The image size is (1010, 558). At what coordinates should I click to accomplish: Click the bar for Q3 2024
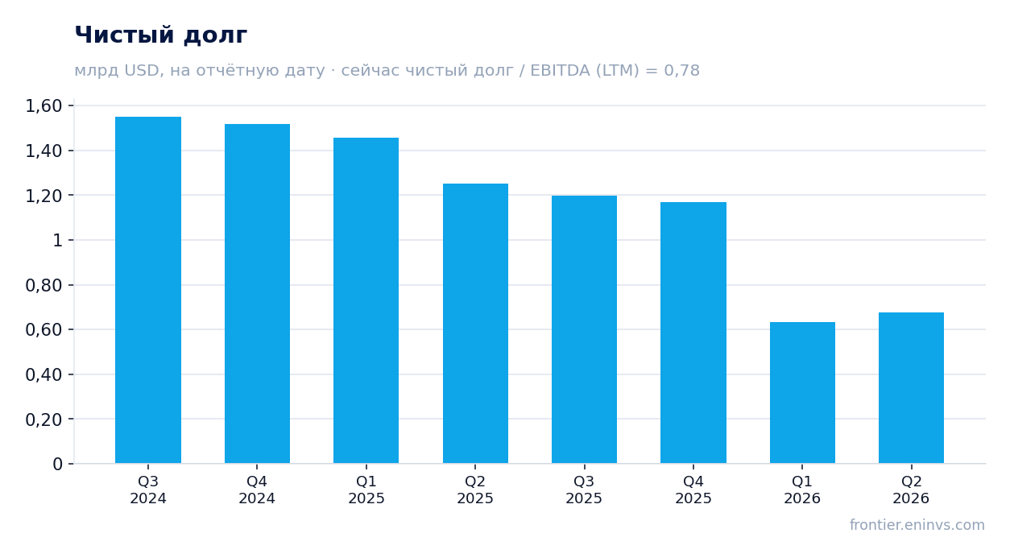148,290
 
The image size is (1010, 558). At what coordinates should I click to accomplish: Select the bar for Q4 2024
257,293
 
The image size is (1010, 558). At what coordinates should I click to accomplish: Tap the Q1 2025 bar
366,300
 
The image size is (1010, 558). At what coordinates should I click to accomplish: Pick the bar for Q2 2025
475,323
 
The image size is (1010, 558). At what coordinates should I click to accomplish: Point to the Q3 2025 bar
585,329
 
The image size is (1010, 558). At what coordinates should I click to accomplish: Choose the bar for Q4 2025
693,333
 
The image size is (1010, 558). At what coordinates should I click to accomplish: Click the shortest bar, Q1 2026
802,393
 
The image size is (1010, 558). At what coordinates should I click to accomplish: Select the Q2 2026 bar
911,387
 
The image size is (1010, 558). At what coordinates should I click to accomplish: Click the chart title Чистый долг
161,35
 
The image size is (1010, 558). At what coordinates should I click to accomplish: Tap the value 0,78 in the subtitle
681,71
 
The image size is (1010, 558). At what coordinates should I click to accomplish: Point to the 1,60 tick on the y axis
43,106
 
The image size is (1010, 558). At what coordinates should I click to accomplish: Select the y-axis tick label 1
58,240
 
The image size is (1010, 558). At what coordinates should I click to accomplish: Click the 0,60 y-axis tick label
43,330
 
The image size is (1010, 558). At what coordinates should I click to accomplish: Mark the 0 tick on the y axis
58,464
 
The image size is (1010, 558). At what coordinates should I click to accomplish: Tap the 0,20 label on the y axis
43,420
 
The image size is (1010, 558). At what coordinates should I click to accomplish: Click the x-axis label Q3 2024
148,490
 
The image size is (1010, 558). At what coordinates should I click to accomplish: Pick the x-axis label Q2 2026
911,490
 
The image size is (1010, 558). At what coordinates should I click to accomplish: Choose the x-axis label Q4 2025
693,490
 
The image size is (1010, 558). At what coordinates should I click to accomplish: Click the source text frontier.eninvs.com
917,525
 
